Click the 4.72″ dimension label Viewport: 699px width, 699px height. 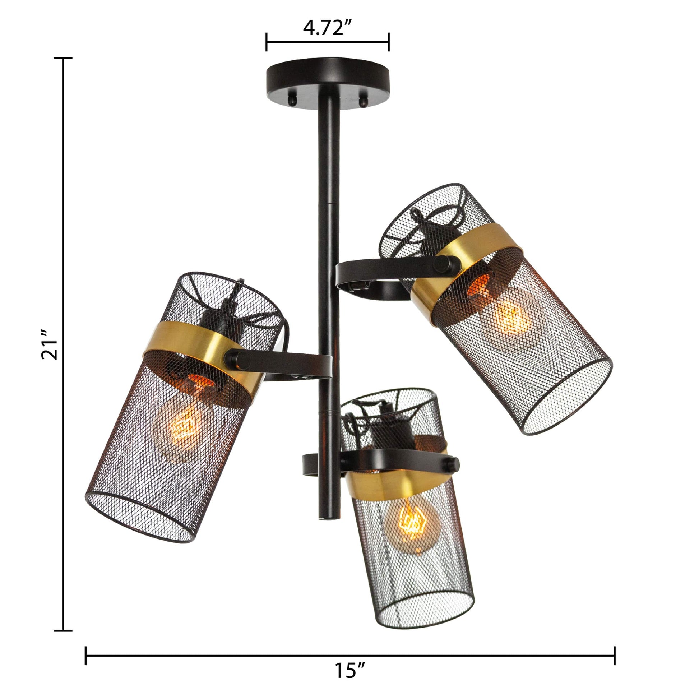point(328,28)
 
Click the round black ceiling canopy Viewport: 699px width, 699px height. point(328,83)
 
